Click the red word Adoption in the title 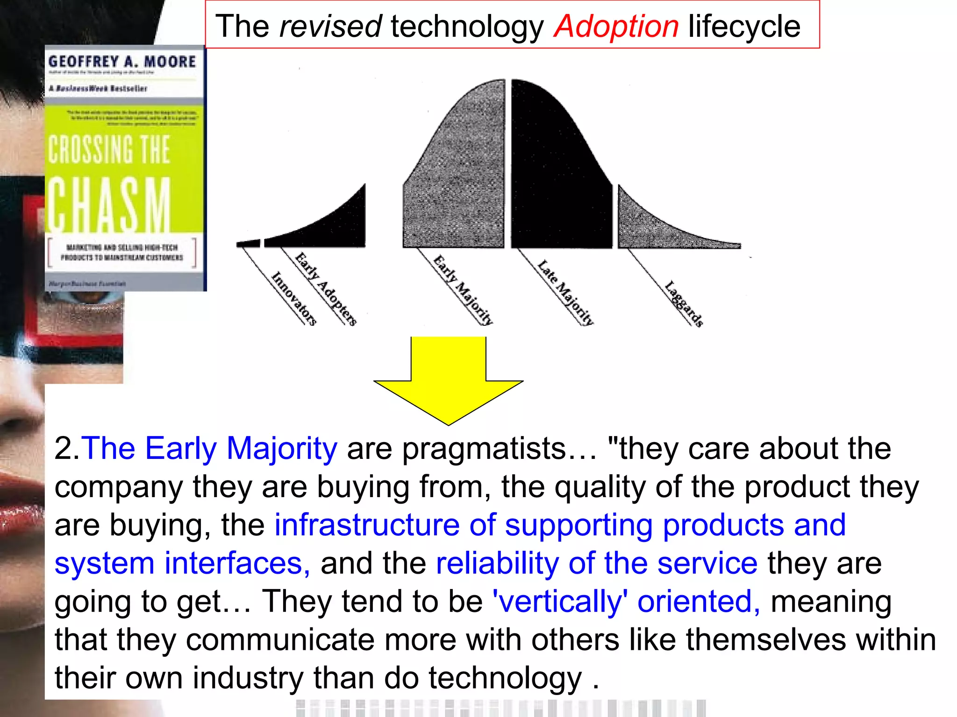tap(616, 27)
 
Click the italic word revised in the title tap(330, 27)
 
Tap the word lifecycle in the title tap(744, 27)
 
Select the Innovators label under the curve tap(294, 299)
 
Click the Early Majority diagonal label tap(463, 290)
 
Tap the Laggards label tap(684, 304)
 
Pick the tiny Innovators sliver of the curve tap(248, 243)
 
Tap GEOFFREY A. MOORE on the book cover tap(122, 62)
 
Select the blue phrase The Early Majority tap(209, 449)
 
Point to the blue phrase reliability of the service tap(596, 563)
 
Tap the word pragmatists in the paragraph tap(484, 449)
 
